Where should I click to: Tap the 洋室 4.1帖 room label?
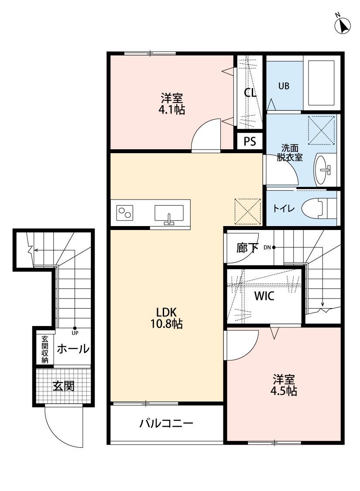171,103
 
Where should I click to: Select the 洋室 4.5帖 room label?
285,384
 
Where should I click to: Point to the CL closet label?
250,93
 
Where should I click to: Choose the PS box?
250,141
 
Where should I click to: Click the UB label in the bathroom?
284,86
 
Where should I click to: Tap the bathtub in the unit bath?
322,83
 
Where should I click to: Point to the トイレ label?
284,209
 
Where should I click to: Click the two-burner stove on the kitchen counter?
125,213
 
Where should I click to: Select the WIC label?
264,296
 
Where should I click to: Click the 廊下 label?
247,248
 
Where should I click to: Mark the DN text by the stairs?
267,247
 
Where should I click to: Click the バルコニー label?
166,423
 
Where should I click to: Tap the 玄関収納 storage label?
45,349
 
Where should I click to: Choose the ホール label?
73,349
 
